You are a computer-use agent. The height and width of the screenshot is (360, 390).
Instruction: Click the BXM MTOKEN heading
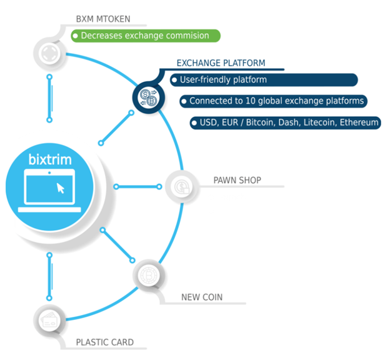103,19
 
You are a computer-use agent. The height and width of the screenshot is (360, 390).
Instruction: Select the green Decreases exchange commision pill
146,36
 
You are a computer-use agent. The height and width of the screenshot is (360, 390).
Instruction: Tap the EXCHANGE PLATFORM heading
221,63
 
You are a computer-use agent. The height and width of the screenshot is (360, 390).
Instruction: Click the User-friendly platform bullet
264,80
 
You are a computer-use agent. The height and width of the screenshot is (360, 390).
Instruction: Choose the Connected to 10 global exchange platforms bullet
273,101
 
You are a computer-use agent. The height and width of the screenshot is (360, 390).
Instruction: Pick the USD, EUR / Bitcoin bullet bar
285,122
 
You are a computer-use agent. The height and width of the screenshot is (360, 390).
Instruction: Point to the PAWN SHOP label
237,180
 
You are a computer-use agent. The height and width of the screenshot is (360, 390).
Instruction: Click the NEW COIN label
202,297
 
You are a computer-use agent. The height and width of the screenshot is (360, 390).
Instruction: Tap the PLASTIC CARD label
105,342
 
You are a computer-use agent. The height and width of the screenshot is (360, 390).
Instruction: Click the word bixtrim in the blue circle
50,159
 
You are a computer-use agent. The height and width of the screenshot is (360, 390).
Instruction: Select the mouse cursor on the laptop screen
61,188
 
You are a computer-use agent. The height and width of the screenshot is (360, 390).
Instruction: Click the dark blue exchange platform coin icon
149,97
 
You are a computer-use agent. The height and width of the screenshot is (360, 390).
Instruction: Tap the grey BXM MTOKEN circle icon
49,53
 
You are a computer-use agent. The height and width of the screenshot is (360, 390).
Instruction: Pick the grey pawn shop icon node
182,187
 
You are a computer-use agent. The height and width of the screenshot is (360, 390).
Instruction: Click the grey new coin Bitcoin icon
149,276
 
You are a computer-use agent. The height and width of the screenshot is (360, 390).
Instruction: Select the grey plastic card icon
49,320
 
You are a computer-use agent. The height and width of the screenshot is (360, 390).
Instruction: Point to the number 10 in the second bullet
251,101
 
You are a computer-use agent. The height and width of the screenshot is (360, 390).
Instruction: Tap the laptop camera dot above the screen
49,172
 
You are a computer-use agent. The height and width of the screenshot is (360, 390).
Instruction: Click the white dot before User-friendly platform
174,80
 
